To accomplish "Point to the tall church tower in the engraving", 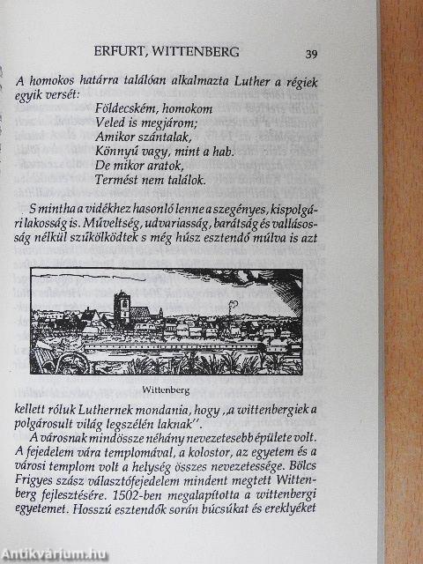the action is pos(124,308).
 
